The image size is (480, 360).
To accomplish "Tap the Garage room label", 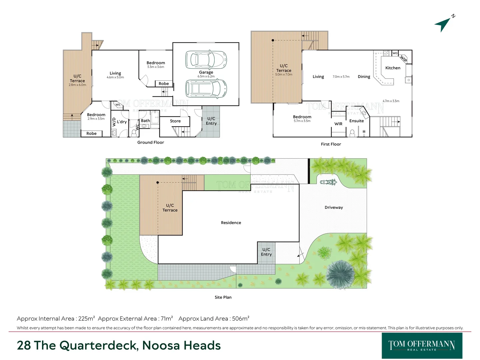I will [206, 72].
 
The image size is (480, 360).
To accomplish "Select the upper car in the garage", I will [206, 59].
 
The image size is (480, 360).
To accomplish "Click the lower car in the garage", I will [206, 88].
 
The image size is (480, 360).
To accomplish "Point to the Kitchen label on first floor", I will [393, 68].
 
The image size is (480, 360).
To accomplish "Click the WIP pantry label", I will [403, 59].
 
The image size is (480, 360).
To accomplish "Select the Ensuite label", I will [356, 121].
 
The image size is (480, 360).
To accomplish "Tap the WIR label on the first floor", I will [338, 124].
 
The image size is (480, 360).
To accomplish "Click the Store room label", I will [175, 121].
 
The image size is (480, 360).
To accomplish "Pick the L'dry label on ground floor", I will [122, 122].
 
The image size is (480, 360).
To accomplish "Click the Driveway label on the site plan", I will [334, 207].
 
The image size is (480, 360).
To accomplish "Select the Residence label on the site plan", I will [231, 223].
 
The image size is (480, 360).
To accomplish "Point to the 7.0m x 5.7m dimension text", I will [341, 77].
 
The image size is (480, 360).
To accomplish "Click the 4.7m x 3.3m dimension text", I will [391, 101].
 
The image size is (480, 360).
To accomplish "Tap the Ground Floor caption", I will [151, 142].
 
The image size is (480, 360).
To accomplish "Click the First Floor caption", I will [331, 144].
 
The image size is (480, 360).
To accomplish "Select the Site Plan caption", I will [223, 297].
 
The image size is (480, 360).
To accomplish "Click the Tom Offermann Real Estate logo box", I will [422, 346].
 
